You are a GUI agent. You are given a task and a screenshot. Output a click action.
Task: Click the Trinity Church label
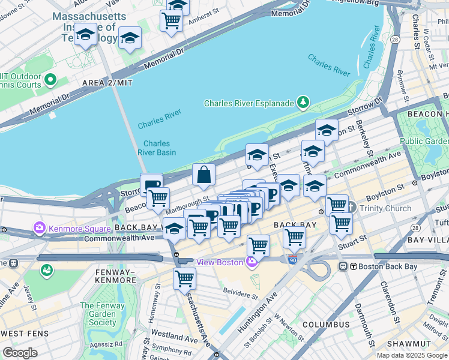(x=385, y=209)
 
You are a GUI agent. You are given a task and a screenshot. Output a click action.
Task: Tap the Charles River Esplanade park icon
(x=304, y=103)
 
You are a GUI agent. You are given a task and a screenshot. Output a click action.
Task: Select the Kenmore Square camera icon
(x=40, y=229)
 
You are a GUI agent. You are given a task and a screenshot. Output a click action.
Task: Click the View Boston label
(x=219, y=262)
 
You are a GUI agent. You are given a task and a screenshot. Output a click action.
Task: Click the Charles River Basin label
(x=157, y=148)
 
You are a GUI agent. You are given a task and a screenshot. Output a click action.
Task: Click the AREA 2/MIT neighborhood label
(x=107, y=82)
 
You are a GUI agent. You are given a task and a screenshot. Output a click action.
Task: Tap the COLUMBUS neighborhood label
(x=325, y=325)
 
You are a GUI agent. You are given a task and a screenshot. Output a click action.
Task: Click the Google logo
(x=20, y=352)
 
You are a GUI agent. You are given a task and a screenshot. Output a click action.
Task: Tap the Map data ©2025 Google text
(x=411, y=355)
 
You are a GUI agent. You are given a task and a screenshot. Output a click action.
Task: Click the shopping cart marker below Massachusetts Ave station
(x=184, y=278)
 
